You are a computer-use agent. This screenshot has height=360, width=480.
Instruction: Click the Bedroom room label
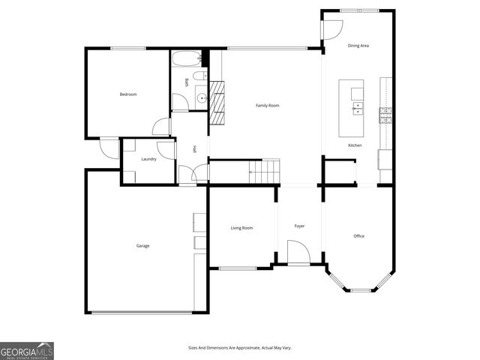[128, 94]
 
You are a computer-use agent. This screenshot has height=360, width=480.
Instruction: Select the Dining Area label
[358, 46]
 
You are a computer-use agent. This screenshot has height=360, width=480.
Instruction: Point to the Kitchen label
[355, 145]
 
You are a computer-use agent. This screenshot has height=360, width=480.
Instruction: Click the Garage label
[142, 246]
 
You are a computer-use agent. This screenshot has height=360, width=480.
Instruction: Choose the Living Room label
[241, 228]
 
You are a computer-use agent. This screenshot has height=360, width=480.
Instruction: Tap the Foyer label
[299, 226]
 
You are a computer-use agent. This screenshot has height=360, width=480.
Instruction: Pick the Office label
[358, 236]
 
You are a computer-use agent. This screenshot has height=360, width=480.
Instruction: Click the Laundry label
[148, 159]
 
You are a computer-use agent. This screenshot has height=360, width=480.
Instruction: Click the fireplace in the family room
[217, 103]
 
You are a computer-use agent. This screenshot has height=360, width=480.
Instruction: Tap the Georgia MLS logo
[27, 350]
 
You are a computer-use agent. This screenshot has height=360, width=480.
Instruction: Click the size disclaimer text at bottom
[239, 347]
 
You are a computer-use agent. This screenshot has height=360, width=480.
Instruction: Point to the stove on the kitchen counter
[385, 115]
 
